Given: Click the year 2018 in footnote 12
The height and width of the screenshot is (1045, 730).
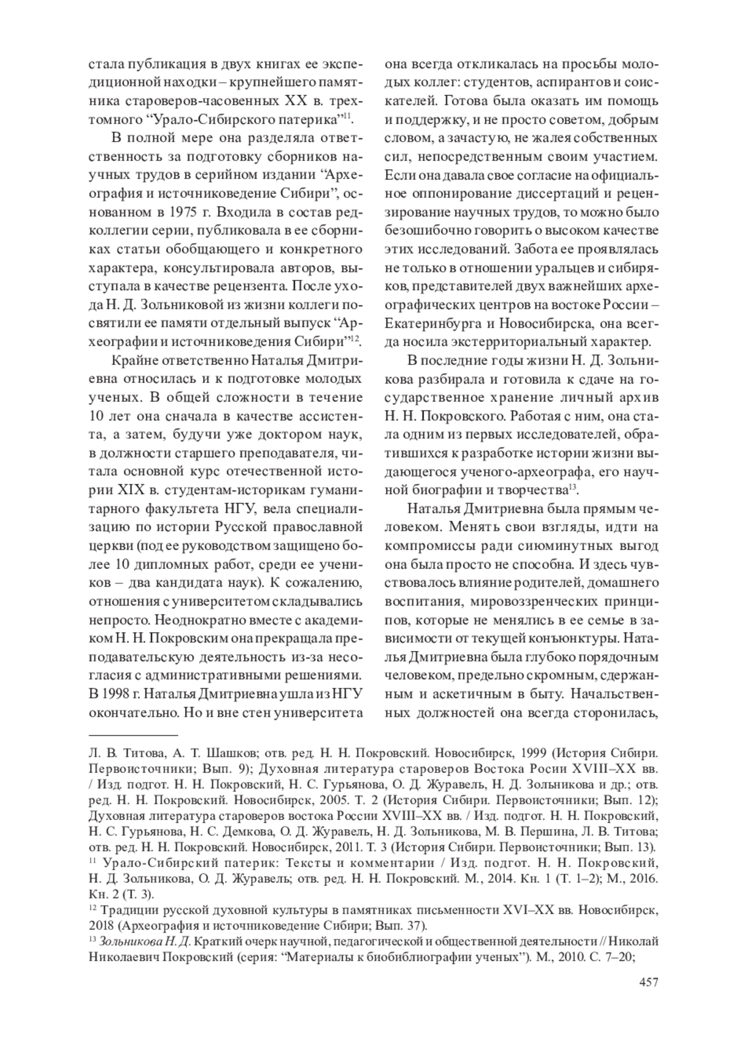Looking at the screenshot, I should (x=102, y=926).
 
